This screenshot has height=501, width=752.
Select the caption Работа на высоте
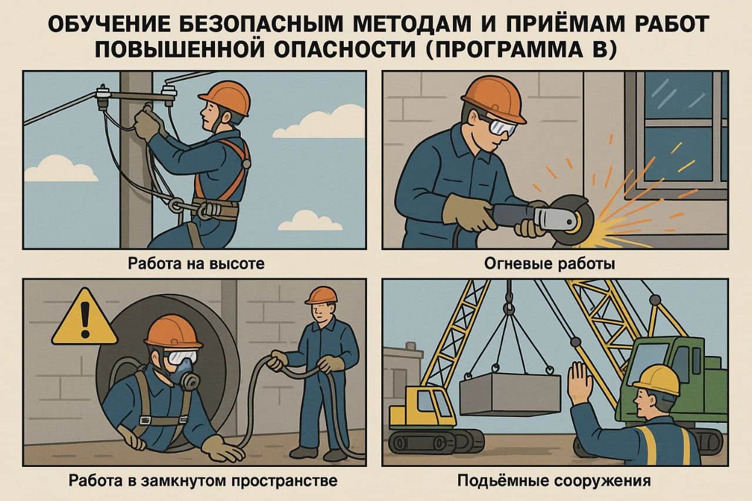coord(196,263)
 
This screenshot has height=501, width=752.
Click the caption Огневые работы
coord(550,264)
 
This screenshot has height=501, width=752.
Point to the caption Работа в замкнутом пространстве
coord(203,481)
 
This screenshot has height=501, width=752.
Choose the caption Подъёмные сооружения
coord(554,480)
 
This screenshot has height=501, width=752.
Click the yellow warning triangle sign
coord(85,317)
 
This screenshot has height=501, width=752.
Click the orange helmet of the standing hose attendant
coord(321,295)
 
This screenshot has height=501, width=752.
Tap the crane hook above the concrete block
coord(509,305)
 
